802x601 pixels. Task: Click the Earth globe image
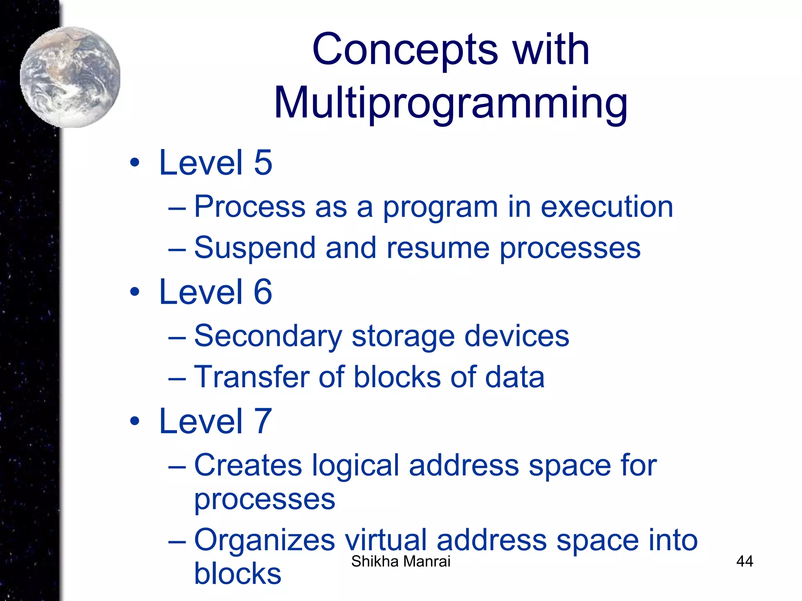click(70, 77)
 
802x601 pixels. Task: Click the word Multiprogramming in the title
click(451, 103)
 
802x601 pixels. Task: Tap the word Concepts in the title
click(405, 49)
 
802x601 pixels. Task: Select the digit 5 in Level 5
click(263, 163)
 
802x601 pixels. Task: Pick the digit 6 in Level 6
click(263, 292)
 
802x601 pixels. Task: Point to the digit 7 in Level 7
click(263, 421)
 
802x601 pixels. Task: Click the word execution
click(607, 207)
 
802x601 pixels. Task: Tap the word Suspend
click(255, 248)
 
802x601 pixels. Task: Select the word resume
click(437, 248)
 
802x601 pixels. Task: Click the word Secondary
click(268, 336)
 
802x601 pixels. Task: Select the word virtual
click(385, 540)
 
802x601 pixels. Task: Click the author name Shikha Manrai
click(401, 561)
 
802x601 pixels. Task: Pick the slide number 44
click(744, 561)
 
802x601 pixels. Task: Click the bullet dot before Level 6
click(135, 292)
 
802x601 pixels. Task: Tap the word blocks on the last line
click(238, 574)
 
